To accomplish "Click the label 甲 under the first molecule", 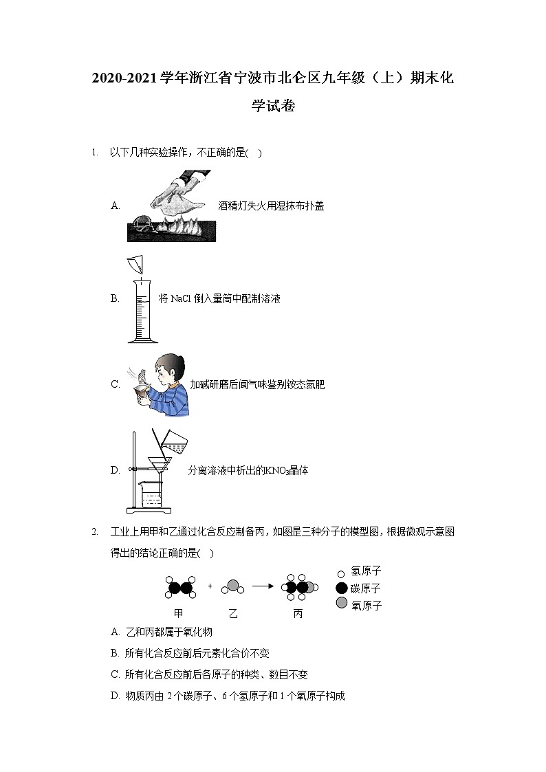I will coord(179,613).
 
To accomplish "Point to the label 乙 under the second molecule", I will coord(232,613).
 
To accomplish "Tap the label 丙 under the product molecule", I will coord(298,613).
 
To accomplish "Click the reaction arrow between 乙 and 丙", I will coord(263,587).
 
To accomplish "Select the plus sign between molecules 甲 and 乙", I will coord(210,587).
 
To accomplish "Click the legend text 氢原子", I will coord(366,571).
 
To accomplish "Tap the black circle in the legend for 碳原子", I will coord(340,588).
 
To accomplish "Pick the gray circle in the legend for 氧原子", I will coord(340,604).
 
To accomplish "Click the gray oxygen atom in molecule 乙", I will coord(233,586).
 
